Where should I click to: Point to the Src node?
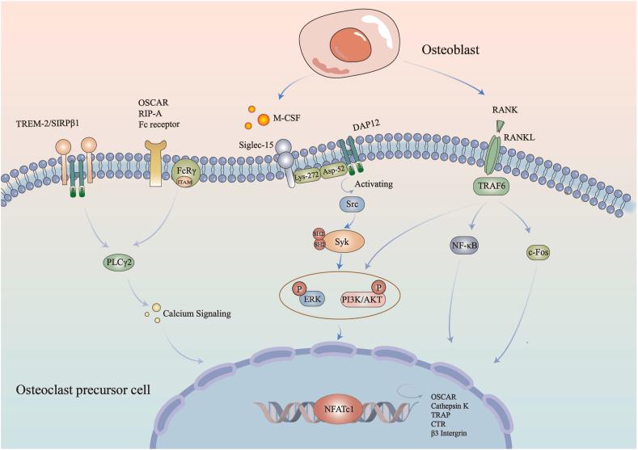[331, 206]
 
